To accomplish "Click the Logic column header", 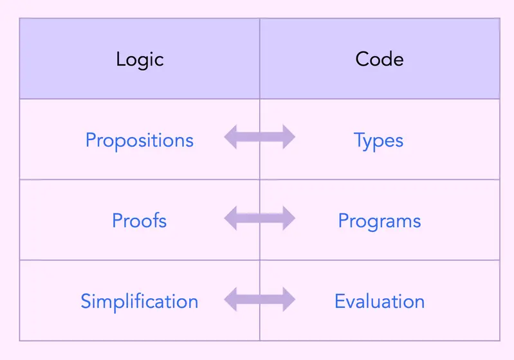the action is coord(140,60).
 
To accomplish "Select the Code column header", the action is coord(380,59).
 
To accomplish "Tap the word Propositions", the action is coord(140,141).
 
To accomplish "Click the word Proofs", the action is coord(140,220).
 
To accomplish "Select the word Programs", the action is coord(380,221).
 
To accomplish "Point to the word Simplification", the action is coord(140,301).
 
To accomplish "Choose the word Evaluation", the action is coord(380,301).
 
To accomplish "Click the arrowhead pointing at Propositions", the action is coord(230,137).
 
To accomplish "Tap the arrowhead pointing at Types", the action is coord(289,137).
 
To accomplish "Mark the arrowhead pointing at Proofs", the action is coord(230,218).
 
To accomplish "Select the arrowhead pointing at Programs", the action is coord(289,218).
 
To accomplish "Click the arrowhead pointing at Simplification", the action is coord(230,299).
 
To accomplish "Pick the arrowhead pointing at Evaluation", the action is coord(289,299).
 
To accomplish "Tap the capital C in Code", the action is coord(363,59).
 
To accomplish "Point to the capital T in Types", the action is coord(360,140).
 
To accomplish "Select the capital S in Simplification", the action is coord(86,301).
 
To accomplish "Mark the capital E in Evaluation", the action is coord(340,301).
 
